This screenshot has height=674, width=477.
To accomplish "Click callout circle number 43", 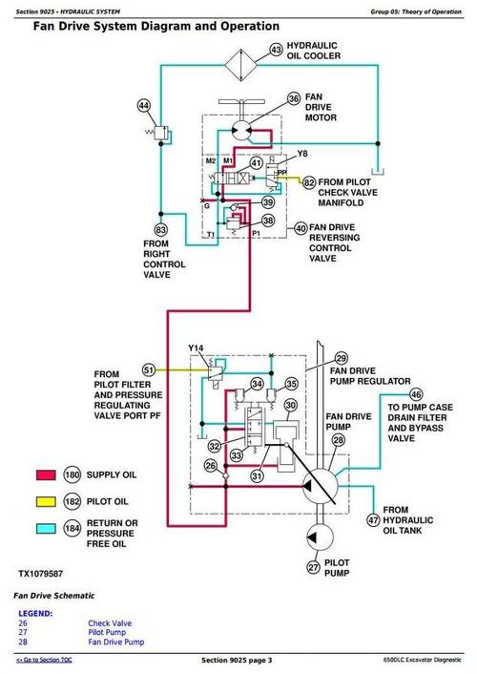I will point(277,49).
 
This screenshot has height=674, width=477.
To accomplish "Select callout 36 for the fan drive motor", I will point(295,98).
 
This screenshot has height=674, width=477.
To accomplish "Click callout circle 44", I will point(144,105).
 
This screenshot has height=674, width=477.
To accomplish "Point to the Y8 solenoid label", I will point(302,154).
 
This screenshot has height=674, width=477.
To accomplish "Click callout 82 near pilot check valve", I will point(308,181).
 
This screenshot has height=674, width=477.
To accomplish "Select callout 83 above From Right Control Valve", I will point(160,229).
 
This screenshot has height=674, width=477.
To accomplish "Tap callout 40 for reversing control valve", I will point(301,228).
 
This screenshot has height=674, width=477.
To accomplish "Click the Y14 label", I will point(197,348).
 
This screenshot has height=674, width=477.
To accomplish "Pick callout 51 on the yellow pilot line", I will point(148,369).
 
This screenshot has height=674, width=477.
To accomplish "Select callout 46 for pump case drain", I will point(416,393).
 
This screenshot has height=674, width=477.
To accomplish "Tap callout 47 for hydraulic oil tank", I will point(372,519).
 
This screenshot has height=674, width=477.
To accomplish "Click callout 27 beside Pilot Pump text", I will point(313,568).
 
